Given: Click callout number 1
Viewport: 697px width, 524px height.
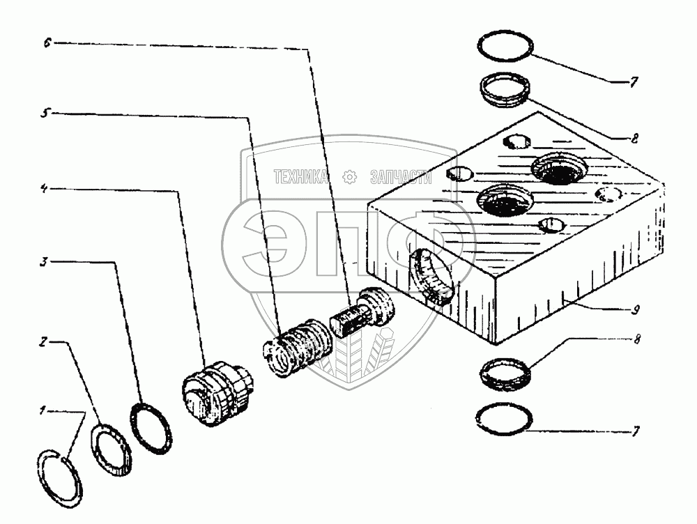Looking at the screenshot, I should [x=43, y=412].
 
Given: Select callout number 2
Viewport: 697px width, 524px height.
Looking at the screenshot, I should [x=43, y=344].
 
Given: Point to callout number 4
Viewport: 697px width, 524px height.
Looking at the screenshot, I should [x=44, y=188].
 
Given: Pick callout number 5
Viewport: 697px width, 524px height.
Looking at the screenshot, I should [x=43, y=114].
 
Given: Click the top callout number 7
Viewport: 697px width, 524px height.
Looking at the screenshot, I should [x=634, y=82].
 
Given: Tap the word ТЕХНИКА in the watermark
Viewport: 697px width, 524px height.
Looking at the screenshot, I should [x=302, y=177].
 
